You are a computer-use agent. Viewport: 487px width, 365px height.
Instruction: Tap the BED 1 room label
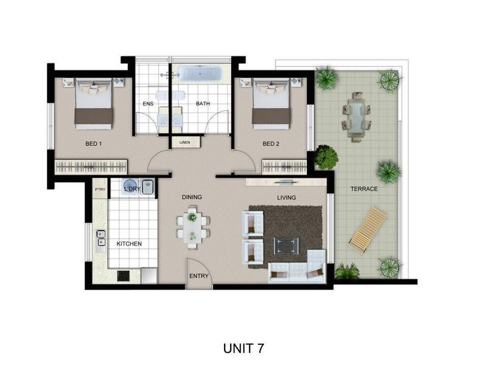[93, 144]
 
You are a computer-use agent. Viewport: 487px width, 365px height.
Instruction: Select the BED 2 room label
[270, 144]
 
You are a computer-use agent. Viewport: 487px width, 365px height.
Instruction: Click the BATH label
[203, 104]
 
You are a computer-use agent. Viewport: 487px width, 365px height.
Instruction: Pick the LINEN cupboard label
[185, 143]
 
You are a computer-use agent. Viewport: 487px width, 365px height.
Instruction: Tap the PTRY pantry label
[100, 189]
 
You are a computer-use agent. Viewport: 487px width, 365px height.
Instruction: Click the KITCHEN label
[129, 244]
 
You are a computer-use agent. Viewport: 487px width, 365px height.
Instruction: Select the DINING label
[192, 197]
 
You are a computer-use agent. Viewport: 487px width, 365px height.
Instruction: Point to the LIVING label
[286, 198]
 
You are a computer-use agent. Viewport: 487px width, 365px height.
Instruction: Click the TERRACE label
[364, 189]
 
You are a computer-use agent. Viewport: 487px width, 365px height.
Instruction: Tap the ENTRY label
[198, 276]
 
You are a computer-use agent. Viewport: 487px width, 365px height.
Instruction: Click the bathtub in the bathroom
[200, 75]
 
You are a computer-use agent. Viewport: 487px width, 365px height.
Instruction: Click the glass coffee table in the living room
[286, 245]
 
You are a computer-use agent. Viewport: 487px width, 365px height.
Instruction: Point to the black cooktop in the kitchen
[124, 276]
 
